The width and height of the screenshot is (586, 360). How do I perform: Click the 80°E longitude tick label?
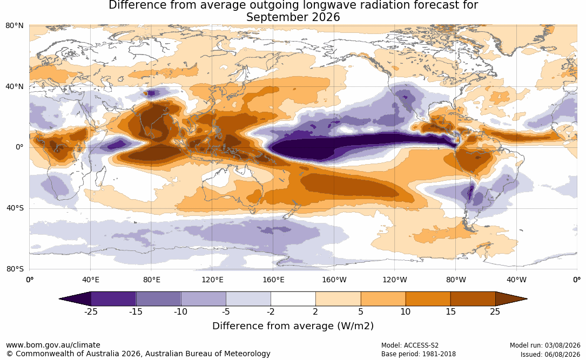click(151, 280)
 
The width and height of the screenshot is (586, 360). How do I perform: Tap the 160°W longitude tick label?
click(334, 280)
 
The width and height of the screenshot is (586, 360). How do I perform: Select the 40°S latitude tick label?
click(15, 208)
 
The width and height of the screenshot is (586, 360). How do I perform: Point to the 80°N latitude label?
click(15, 25)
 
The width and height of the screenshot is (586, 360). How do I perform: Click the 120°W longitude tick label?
click(395, 280)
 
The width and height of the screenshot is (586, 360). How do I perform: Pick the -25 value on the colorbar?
click(90, 311)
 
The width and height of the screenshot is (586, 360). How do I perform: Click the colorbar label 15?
click(450, 311)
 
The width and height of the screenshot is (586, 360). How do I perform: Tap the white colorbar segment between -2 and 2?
click(293, 299)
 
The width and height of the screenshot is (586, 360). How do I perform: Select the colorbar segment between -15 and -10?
click(158, 299)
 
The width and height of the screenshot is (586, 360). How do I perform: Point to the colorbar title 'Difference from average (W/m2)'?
click(293, 325)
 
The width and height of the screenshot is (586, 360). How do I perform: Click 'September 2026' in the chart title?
click(293, 17)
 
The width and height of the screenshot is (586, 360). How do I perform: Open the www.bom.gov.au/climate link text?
click(53, 345)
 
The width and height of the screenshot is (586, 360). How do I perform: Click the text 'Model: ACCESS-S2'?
click(410, 345)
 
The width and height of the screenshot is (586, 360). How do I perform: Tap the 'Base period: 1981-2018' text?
click(419, 354)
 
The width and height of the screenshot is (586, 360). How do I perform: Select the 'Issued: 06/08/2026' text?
click(550, 354)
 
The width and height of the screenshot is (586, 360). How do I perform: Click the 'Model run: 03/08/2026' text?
click(545, 345)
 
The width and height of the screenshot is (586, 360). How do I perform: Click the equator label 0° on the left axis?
click(19, 147)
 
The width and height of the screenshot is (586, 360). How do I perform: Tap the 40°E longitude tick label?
click(90, 280)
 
